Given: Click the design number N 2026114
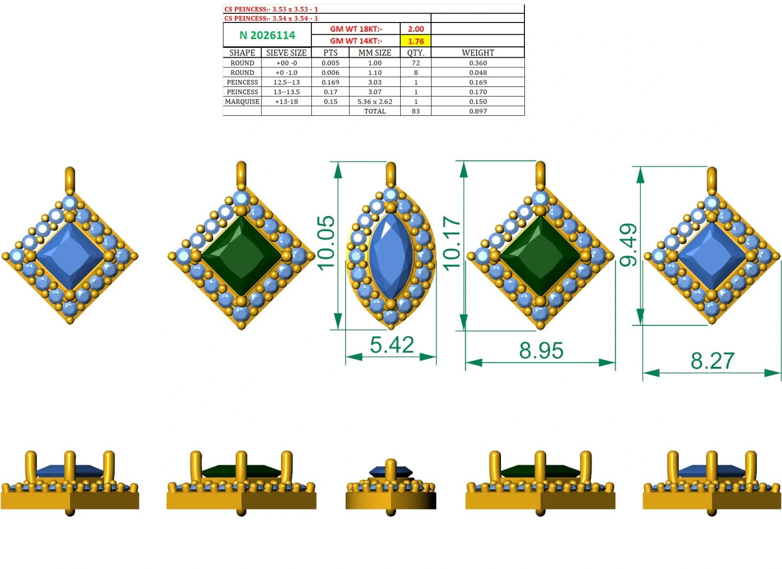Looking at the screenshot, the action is (267, 35).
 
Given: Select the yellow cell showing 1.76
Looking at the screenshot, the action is (416, 41).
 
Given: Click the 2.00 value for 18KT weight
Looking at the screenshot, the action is (416, 29).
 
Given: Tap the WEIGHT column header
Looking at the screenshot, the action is (478, 53).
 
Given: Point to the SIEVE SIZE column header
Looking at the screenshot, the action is (286, 53).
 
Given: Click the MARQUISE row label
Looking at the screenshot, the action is (242, 102).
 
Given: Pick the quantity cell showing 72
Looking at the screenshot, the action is (416, 63).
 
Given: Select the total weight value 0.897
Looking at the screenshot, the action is (478, 111).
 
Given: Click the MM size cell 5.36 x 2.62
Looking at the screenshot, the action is (374, 102).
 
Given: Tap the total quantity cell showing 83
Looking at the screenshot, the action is (416, 111).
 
